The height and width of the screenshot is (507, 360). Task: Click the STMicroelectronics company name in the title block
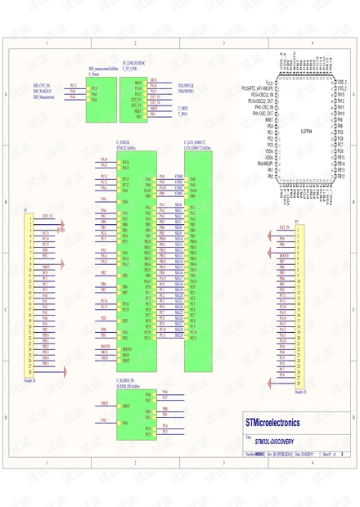click(x=272, y=423)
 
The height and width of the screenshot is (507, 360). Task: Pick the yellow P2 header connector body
click(x=299, y=307)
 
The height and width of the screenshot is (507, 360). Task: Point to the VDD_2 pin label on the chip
click(x=342, y=82)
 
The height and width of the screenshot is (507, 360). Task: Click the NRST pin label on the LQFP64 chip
click(x=269, y=119)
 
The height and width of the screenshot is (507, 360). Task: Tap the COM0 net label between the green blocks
click(x=179, y=176)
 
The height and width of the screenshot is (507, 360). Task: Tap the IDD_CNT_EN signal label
click(x=42, y=85)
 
